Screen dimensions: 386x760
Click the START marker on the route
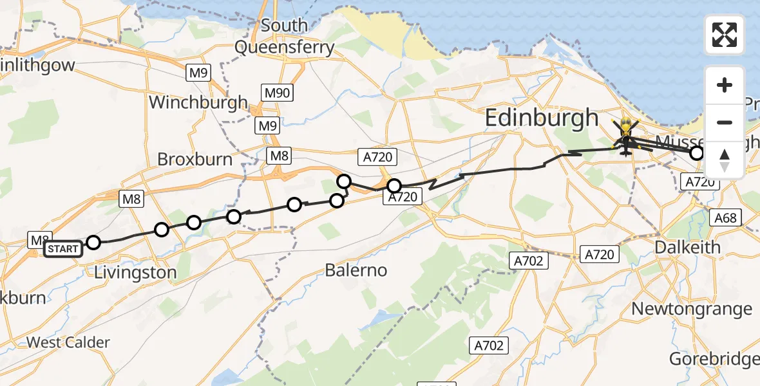(x=63, y=249)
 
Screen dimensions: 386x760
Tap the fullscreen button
(x=725, y=35)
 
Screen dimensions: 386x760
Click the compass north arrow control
(x=725, y=160)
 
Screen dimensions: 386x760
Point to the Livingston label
(x=135, y=272)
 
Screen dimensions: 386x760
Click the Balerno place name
(x=356, y=270)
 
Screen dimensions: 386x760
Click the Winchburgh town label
(x=198, y=102)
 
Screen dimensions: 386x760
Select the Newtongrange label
(x=692, y=309)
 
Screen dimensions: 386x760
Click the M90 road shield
(x=278, y=93)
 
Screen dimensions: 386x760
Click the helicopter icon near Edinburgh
(x=625, y=137)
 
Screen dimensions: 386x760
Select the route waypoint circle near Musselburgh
(x=697, y=153)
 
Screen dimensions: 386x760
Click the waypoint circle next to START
(x=93, y=243)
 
